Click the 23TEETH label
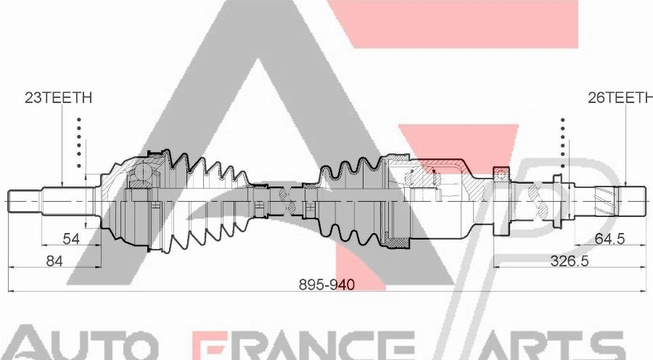coord(58,98)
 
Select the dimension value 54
coord(70,239)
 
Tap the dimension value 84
coord(54,261)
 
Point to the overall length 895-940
coord(327,285)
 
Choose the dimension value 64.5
coord(609,239)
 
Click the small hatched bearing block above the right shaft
coord(500,172)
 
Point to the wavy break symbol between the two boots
coord(292,198)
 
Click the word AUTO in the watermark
coord(80,345)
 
